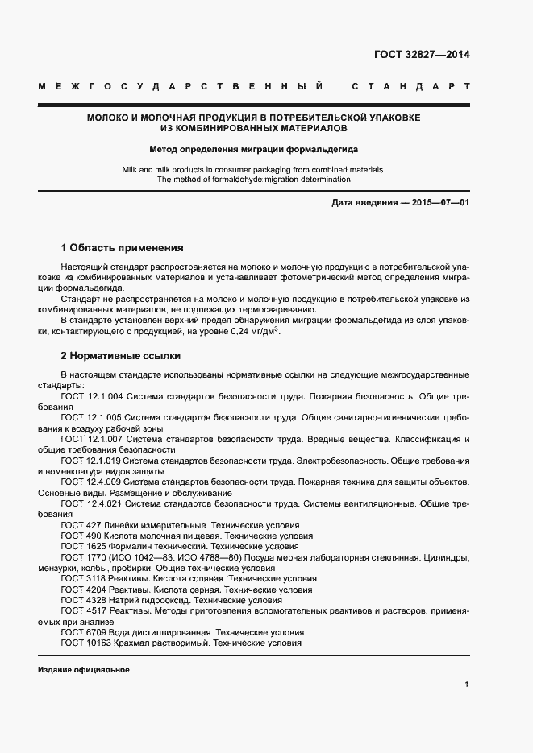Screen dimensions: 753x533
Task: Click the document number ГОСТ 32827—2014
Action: pos(422,55)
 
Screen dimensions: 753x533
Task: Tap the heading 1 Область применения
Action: pos(123,248)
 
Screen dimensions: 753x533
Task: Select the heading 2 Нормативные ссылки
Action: pos(121,355)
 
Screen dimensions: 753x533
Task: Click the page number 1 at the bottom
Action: pos(467,685)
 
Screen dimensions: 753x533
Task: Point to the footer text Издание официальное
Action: pos(83,670)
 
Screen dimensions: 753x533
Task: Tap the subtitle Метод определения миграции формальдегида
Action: pos(253,149)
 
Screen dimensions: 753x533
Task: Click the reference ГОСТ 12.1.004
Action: pos(91,397)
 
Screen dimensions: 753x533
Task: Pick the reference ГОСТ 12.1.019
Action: pos(91,460)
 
